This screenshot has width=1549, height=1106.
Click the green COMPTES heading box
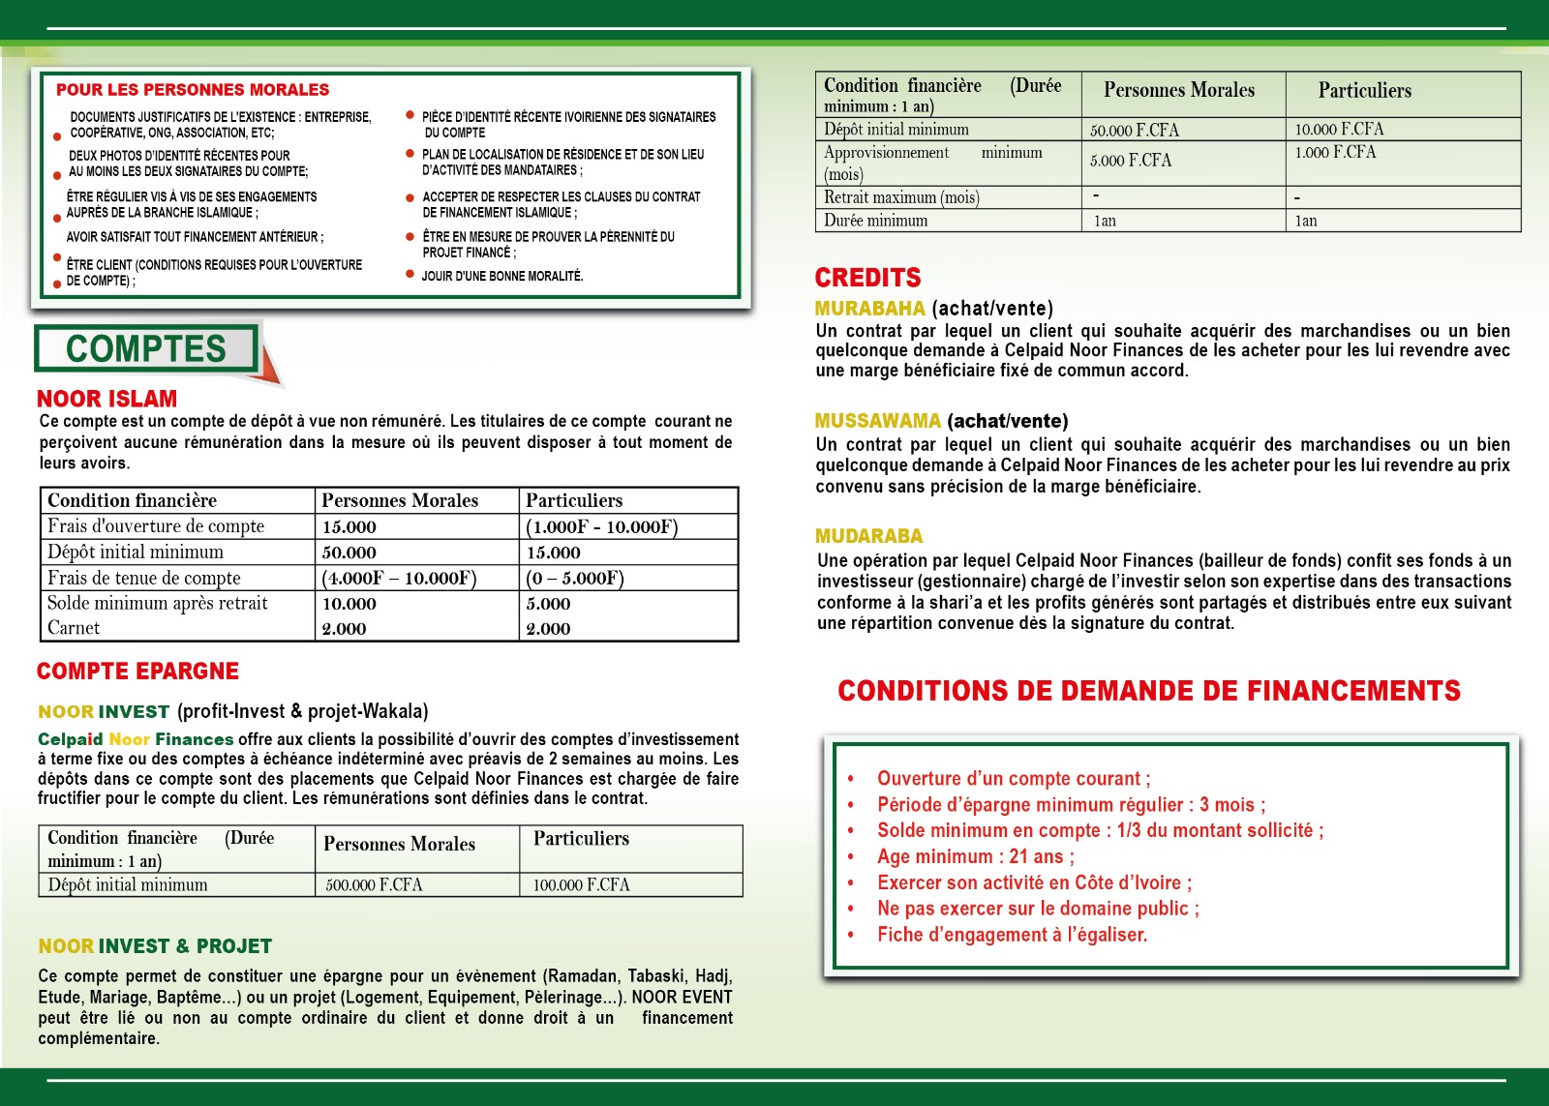pos(146,348)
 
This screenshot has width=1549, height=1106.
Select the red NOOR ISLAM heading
pos(106,399)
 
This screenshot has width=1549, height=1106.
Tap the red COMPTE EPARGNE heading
pos(137,671)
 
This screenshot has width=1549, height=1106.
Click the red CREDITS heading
pos(867,278)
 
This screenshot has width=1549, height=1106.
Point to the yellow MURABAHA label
pos(869,309)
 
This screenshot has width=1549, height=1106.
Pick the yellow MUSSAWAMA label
pos(877,421)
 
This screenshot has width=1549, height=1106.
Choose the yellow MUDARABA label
pos(868,536)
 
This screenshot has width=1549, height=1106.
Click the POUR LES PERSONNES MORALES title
pos(193,90)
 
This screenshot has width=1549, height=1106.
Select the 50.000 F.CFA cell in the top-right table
pos(1134,130)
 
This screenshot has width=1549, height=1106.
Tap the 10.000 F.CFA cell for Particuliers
pos(1339,129)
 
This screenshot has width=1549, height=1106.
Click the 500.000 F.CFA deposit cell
pos(374,884)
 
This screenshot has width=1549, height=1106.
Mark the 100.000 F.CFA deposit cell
pos(581,884)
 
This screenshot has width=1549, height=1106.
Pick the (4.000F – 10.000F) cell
pos(399,579)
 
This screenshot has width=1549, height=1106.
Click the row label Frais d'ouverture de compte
pos(156,526)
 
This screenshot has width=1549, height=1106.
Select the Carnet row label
pos(74,628)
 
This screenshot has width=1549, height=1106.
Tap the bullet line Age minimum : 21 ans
pos(975,856)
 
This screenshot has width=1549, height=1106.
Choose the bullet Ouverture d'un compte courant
pos(1014,779)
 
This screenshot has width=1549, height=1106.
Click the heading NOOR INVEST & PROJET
pos(155,946)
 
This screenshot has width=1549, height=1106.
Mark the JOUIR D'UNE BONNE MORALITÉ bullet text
pos(501,276)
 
